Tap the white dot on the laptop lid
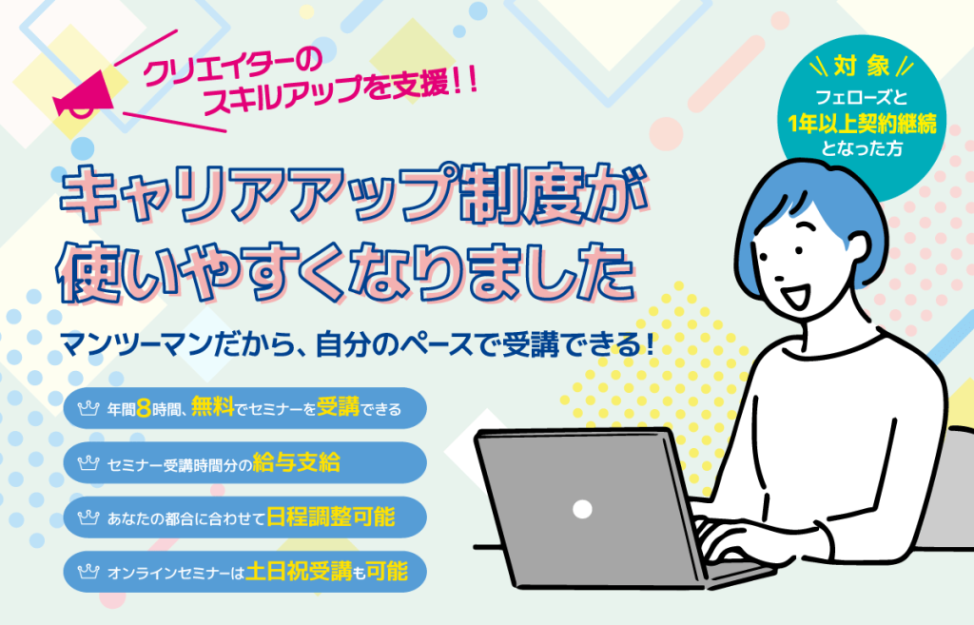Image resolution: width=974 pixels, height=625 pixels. [x=582, y=510]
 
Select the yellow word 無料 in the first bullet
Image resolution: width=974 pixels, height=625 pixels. [x=212, y=406]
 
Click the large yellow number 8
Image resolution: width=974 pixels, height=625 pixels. [x=144, y=408]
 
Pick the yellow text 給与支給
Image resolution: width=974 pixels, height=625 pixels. [x=297, y=462]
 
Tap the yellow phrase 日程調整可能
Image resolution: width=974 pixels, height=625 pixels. [x=330, y=517]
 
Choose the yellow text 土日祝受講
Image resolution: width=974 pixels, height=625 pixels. [x=298, y=571]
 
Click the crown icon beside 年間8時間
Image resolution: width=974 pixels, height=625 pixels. [x=88, y=408]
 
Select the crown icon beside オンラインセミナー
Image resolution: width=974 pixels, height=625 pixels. [x=88, y=571]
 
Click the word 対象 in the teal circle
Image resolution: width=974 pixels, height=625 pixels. [x=862, y=67]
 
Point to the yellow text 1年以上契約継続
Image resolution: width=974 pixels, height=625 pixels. [x=862, y=124]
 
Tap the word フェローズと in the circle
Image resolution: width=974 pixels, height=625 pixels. [x=862, y=98]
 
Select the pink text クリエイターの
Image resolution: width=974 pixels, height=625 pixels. [x=230, y=67]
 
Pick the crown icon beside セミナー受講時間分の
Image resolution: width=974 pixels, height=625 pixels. [x=88, y=463]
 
